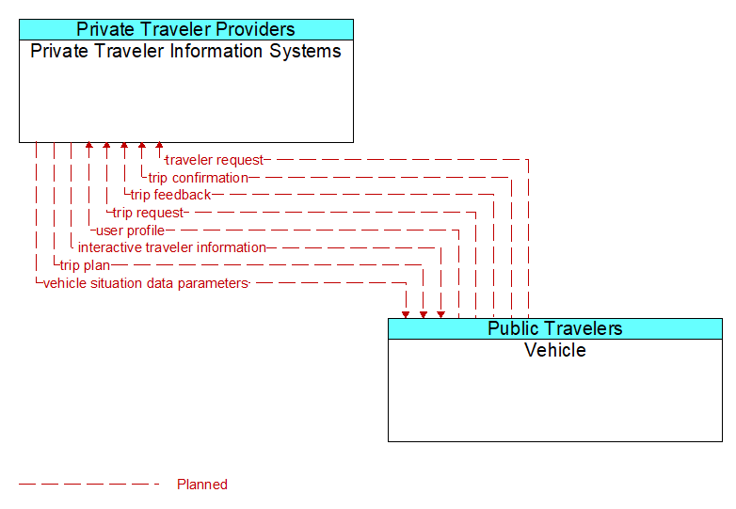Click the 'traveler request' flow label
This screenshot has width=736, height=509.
click(x=215, y=160)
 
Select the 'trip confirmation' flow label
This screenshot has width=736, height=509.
click(x=198, y=178)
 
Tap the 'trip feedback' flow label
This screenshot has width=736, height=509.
click(x=170, y=195)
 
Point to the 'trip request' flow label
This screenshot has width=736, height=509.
click(x=148, y=213)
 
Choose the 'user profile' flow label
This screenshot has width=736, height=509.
click(x=130, y=231)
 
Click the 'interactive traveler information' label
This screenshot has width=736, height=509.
click(x=171, y=247)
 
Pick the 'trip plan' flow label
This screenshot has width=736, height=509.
click(x=85, y=265)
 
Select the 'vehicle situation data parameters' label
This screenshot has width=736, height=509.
click(x=145, y=283)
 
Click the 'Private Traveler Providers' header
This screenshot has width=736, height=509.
click(x=185, y=29)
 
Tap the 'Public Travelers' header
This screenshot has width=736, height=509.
click(x=554, y=328)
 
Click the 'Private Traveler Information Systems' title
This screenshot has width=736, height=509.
click(x=185, y=51)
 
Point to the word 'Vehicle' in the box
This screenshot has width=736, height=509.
click(x=554, y=350)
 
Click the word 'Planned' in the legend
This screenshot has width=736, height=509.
click(x=202, y=485)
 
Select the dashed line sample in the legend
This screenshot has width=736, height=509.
click(x=89, y=485)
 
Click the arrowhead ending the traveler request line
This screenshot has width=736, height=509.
click(x=159, y=147)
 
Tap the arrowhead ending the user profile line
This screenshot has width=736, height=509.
click(x=88, y=147)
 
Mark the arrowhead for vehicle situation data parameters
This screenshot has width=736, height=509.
click(x=406, y=313)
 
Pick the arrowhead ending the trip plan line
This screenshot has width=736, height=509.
click(x=424, y=313)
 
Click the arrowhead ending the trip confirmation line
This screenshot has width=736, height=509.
click(x=141, y=147)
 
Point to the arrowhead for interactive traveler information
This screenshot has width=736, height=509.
click(x=440, y=313)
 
